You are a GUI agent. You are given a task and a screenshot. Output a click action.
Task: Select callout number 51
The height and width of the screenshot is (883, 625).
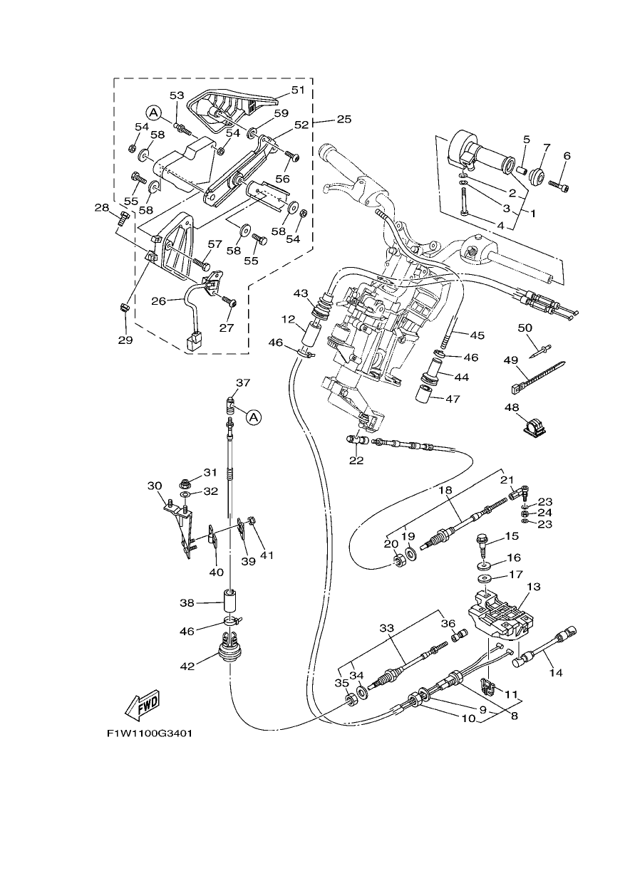click(x=298, y=90)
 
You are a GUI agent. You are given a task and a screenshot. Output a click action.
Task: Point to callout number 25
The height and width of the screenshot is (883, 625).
click(x=344, y=119)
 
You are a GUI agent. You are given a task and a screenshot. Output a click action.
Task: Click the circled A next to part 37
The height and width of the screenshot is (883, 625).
click(x=254, y=417)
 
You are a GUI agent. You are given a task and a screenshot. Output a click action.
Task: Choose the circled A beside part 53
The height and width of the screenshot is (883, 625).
click(x=154, y=113)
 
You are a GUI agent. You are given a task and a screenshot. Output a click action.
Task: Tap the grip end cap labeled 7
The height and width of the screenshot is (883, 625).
click(x=536, y=174)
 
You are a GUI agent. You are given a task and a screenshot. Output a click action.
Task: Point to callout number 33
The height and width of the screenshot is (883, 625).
click(x=387, y=627)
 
